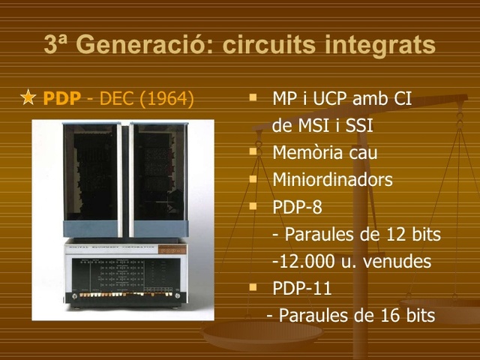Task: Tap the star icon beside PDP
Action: click(28, 98)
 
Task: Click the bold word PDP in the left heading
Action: click(61, 98)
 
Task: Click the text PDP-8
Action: click(297, 206)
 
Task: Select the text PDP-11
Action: click(301, 288)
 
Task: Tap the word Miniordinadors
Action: click(332, 180)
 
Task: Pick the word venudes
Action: click(399, 261)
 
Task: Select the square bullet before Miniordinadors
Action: click(253, 178)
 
